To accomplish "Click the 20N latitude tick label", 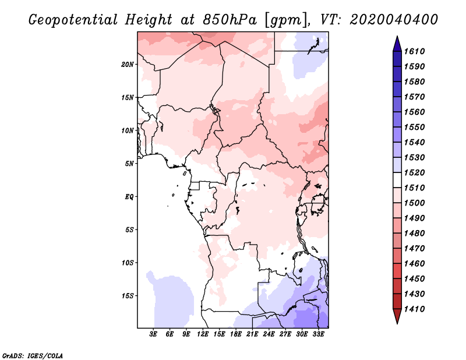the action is point(128,65).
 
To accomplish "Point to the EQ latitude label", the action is point(129,197).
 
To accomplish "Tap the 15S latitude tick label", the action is point(128,296).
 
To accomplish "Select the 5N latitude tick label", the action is point(129,164).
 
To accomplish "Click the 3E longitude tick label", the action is point(153,334).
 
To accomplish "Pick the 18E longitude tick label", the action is point(236,334).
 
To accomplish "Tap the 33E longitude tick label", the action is point(318,334).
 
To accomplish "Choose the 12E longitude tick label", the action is point(203,334).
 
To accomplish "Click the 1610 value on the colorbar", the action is point(414,51).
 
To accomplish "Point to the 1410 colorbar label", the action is point(414,309).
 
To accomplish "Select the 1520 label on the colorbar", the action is point(414,172).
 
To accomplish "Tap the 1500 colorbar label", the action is point(414,203).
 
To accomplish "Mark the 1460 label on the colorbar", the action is point(414,264).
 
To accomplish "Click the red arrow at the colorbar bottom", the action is point(397,315).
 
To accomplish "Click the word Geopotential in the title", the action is point(73,20).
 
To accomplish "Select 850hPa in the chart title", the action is point(230,20).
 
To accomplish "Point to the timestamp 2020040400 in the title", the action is point(394,20).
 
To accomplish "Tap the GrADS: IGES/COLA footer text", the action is point(33,356).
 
